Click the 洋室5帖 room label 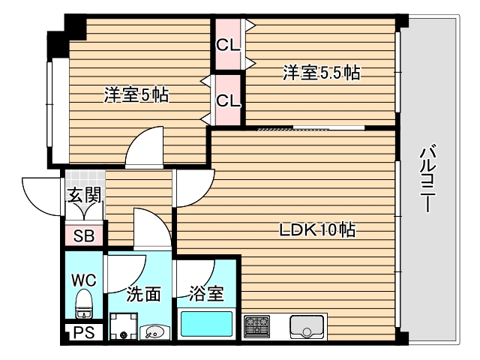136,95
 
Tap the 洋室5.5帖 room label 320,73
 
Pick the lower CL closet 227,99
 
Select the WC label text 83,280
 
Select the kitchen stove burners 256,327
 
